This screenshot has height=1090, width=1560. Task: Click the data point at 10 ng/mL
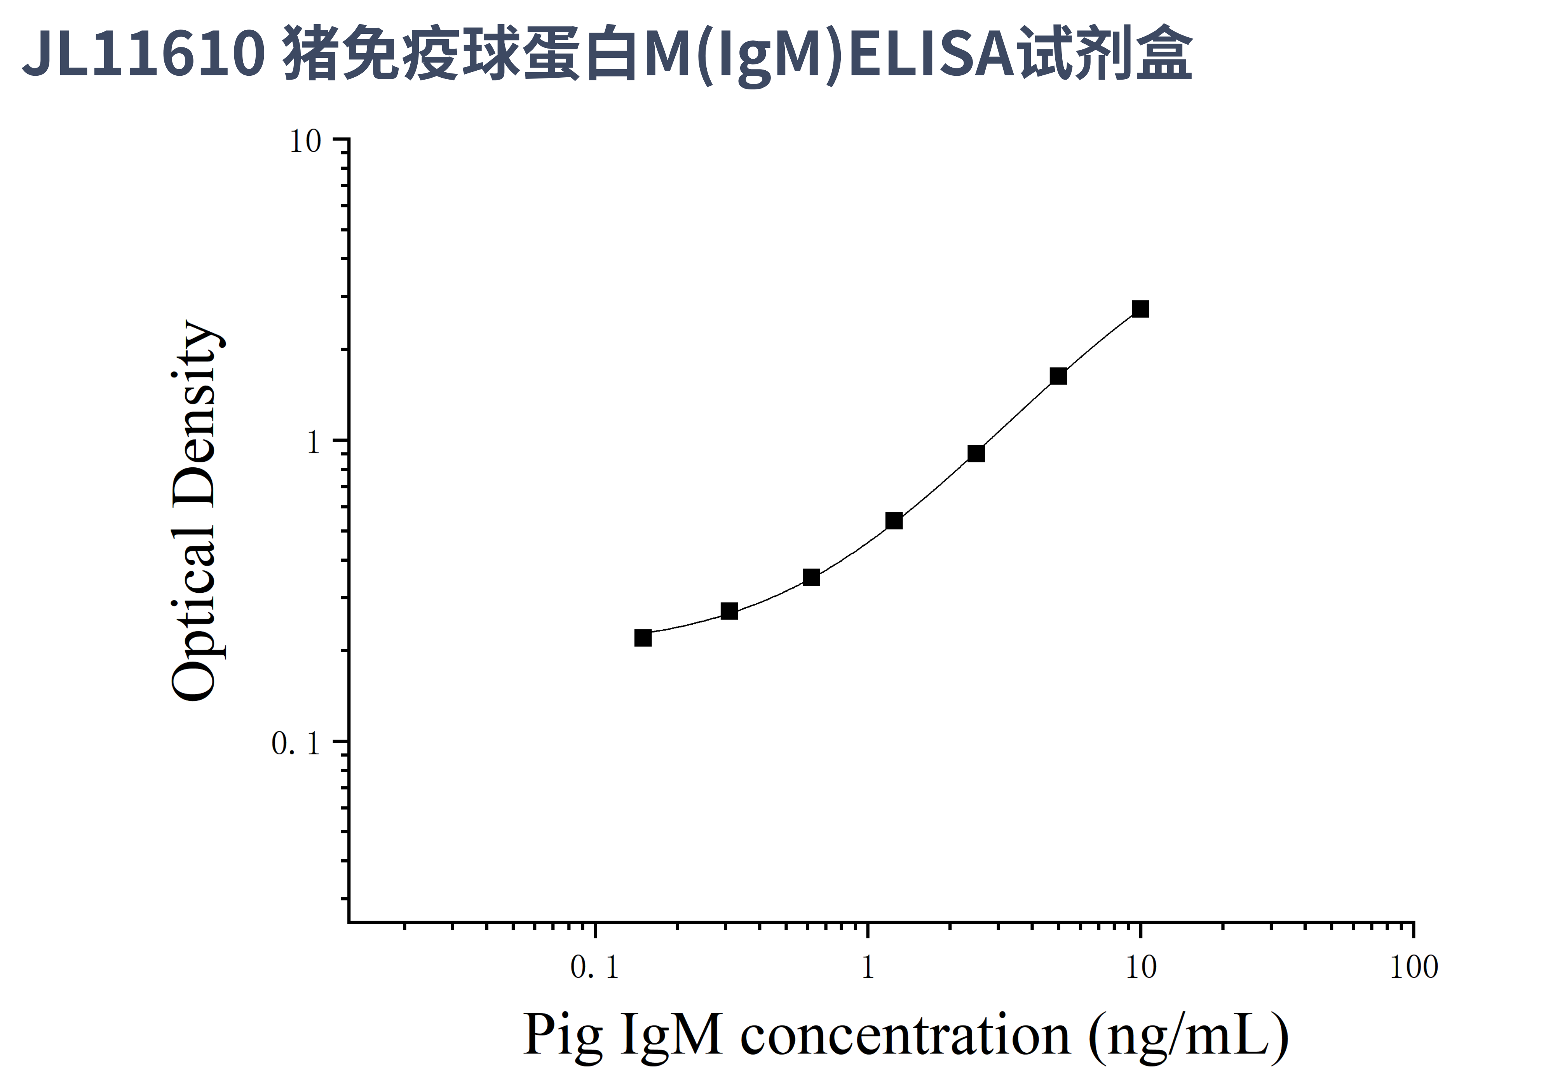point(1140,309)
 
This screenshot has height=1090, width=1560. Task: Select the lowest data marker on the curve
point(643,638)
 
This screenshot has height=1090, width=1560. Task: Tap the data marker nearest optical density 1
point(976,453)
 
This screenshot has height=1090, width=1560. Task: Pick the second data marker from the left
point(729,611)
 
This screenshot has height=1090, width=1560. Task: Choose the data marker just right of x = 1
point(894,521)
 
